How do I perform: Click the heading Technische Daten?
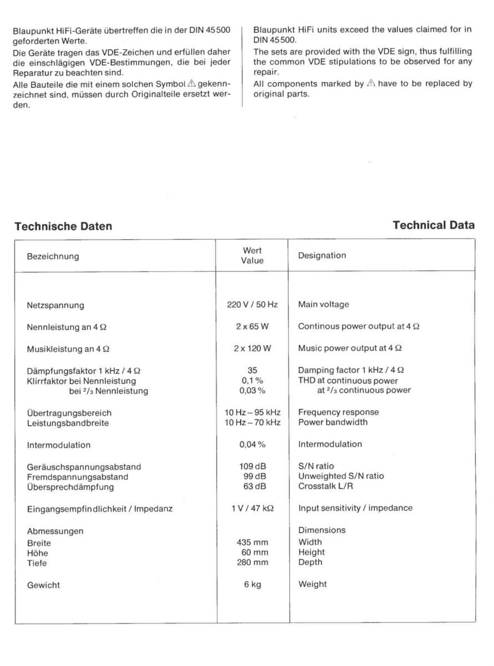point(63,226)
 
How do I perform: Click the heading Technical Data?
point(433,225)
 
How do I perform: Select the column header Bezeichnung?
point(53,256)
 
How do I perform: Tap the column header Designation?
point(322,256)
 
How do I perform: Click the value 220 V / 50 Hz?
point(253,305)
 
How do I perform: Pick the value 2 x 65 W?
point(253,326)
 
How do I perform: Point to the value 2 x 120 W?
point(253,348)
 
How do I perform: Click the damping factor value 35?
point(253,370)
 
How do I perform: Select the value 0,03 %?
point(253,390)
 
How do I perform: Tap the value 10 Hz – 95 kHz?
point(253,412)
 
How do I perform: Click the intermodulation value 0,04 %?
point(253,444)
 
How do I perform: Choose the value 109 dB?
point(253,466)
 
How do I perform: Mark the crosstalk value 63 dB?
point(253,486)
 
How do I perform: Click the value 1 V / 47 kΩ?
point(253,508)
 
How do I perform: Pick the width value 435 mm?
point(253,542)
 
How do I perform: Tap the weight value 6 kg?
point(253,584)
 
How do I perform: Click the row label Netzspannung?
point(56,305)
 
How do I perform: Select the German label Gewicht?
point(43,585)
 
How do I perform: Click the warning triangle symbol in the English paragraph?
point(371,84)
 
